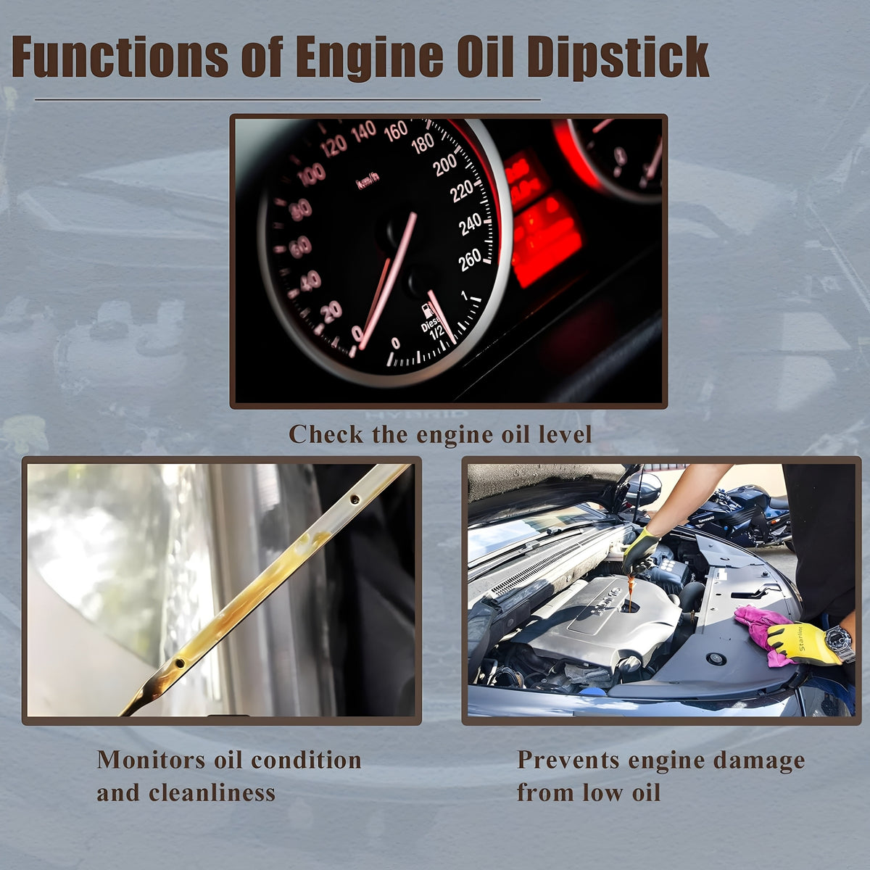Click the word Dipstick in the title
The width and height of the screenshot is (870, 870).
(x=618, y=58)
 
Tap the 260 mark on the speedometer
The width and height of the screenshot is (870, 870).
(x=470, y=260)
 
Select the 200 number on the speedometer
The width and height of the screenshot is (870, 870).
(x=445, y=165)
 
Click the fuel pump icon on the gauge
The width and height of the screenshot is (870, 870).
(x=426, y=311)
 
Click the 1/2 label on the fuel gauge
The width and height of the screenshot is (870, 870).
(x=436, y=333)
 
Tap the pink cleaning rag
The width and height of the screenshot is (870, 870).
(x=763, y=634)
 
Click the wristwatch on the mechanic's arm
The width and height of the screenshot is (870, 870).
(x=840, y=642)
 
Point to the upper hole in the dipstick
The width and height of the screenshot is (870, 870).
(x=355, y=499)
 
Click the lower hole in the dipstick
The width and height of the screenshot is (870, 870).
(x=180, y=663)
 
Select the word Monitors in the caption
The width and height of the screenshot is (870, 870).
(x=150, y=761)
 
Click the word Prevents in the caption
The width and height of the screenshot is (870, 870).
(x=568, y=761)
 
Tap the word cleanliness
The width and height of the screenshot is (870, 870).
(x=212, y=793)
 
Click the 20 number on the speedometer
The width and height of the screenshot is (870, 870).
(x=332, y=311)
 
